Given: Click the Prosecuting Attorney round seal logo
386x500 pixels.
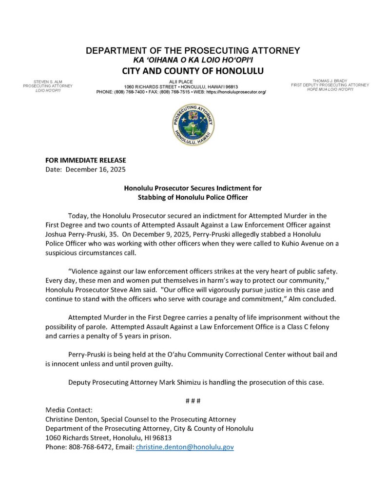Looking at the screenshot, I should pyautogui.click(x=193, y=125).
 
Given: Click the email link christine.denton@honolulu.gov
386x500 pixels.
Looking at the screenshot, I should pyautogui.click(x=185, y=447).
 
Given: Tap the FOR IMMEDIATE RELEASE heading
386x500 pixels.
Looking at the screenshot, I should pyautogui.click(x=85, y=160).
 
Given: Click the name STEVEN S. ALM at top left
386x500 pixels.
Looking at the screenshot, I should pyautogui.click(x=48, y=81).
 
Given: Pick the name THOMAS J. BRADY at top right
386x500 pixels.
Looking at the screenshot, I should pyautogui.click(x=330, y=81).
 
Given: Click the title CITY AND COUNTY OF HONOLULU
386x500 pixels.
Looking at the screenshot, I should pyautogui.click(x=193, y=71).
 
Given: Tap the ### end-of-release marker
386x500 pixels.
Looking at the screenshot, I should pyautogui.click(x=193, y=401).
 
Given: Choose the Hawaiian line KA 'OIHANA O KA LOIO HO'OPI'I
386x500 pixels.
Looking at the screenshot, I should pyautogui.click(x=193, y=60).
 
